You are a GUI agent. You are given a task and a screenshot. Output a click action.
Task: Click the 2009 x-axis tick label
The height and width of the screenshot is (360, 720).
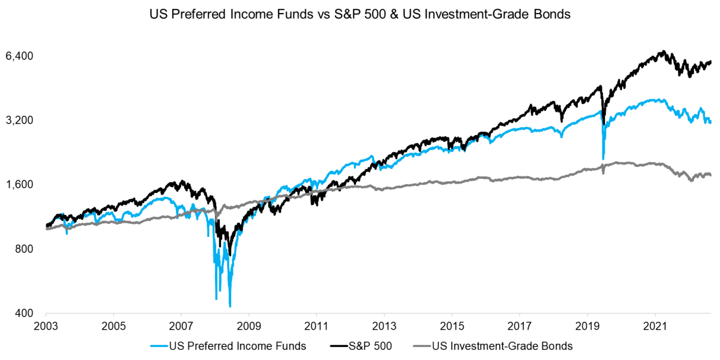[249, 326]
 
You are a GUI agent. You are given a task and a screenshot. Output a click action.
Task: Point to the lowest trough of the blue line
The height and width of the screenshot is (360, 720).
[230, 306]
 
